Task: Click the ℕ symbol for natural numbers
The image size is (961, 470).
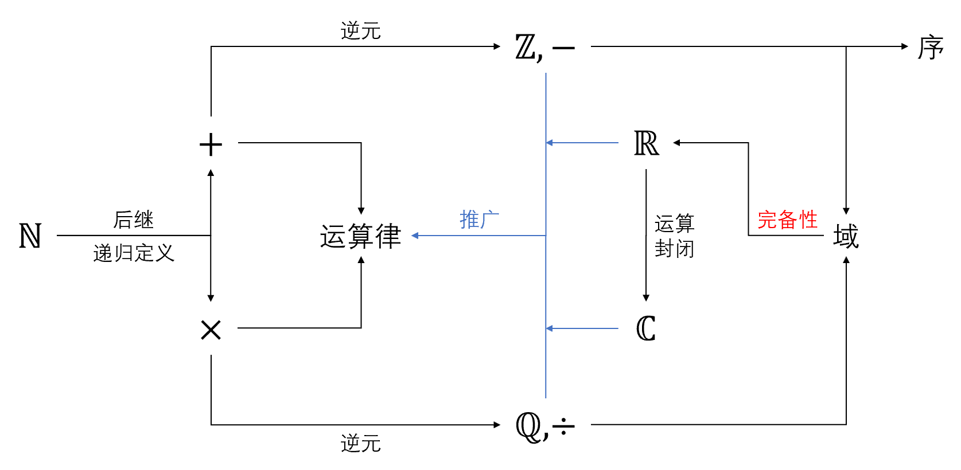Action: coord(30,236)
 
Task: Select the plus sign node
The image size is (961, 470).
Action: coord(211,144)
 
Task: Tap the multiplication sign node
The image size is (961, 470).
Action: coord(211,330)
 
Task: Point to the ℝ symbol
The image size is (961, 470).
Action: coord(647,143)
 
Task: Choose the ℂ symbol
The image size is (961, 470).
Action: coord(647,328)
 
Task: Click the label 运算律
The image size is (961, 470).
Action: coord(360,236)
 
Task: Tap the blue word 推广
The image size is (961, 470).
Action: coord(479,220)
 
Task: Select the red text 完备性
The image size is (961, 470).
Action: coord(787,220)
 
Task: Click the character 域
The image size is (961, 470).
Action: coord(846,236)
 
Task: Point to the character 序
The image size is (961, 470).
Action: coord(930,48)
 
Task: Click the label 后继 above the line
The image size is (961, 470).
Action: coord(133,220)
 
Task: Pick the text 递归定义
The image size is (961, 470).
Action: coord(133,253)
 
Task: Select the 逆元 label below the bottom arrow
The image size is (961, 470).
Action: coord(360,443)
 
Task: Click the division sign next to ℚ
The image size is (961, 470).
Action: coord(563,426)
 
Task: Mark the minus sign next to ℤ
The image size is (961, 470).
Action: coord(563,48)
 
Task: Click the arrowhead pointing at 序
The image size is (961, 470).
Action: coord(905,46)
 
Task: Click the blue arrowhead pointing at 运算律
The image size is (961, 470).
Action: coord(415,236)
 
